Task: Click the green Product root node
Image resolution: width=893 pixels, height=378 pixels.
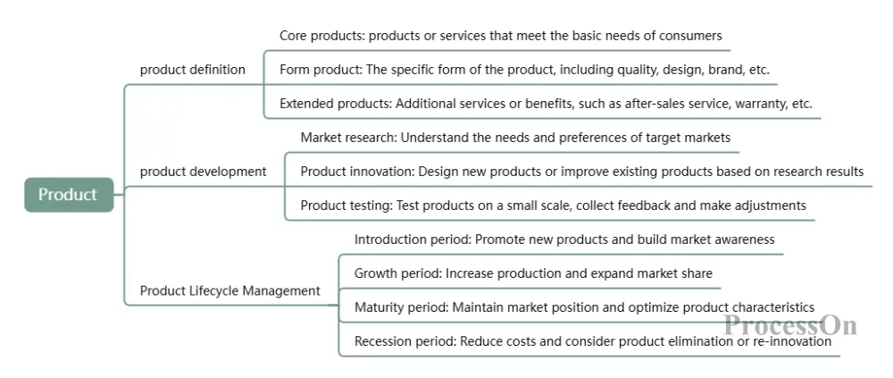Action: pyautogui.click(x=69, y=195)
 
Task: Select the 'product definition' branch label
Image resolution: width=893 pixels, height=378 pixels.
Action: pyautogui.click(x=193, y=70)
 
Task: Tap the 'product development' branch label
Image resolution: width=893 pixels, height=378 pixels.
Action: pyautogui.click(x=204, y=171)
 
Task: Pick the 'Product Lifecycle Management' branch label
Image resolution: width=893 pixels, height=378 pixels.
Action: pyautogui.click(x=230, y=290)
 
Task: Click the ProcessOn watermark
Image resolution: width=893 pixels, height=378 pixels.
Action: pyautogui.click(x=790, y=325)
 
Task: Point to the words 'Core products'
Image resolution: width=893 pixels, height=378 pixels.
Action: pyautogui.click(x=321, y=36)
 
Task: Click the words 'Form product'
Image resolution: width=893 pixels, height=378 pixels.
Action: pyautogui.click(x=320, y=70)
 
